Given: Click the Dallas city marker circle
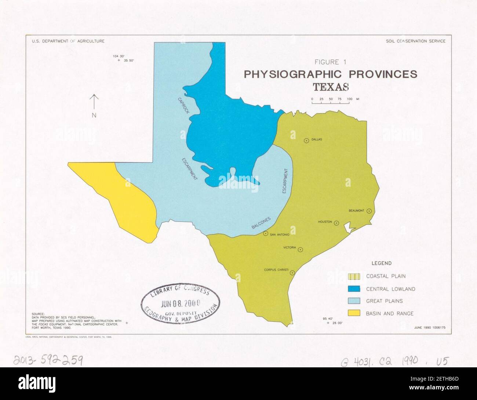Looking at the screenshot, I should tap(306, 140).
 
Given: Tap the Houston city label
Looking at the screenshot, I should tap(325, 222).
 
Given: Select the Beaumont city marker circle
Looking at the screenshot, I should tap(369, 211).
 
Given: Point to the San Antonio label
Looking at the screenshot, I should tap(280, 234).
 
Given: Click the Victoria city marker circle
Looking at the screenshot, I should tap(301, 250).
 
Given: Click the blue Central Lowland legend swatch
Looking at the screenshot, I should tap(354, 289).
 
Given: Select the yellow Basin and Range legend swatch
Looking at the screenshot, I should tap(354, 313).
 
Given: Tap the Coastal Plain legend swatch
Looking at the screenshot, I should tap(354, 276).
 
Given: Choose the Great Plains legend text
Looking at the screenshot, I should tap(384, 301).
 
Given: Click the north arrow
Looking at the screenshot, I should tap(94, 103).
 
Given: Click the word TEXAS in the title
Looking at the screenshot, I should tap(330, 87).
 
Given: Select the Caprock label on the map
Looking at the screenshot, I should tap(183, 105).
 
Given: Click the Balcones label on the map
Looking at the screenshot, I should tap(261, 223).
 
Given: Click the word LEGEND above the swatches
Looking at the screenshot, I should tap(381, 263).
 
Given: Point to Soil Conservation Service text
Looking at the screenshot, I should tap(416, 41).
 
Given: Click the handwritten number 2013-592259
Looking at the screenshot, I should tap(48, 361).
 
